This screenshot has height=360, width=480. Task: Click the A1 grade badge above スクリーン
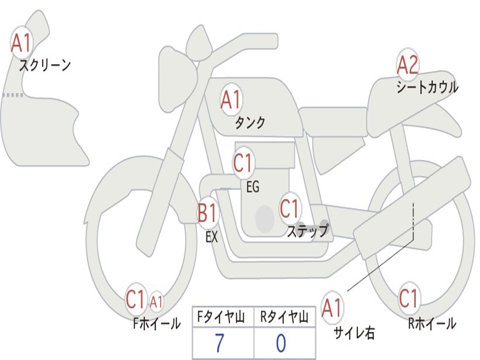tap(21, 43)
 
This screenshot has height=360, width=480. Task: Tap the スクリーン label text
tap(45, 65)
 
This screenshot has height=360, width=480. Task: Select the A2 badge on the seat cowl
tap(407, 65)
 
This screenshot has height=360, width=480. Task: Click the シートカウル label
tap(427, 87)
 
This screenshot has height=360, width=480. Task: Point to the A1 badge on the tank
tap(231, 100)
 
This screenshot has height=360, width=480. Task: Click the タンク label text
tap(250, 123)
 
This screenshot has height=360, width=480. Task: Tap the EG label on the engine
tap(253, 187)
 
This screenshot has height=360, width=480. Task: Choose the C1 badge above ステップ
tap(289, 208)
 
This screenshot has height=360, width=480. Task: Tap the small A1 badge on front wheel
tap(157, 301)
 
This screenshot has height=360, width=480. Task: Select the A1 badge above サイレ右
tap(332, 308)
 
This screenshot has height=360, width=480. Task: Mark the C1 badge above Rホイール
tap(408, 298)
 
